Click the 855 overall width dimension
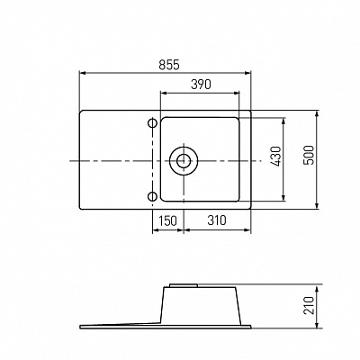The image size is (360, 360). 169,65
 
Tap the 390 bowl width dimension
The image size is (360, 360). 201,85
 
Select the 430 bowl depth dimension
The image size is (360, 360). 276,157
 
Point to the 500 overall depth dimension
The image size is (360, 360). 309,155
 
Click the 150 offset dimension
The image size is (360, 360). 167,220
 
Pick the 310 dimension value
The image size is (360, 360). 217,220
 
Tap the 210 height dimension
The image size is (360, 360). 309,305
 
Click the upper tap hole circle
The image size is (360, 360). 153,123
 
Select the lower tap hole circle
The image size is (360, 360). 153,196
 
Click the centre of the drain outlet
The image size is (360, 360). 184,161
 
